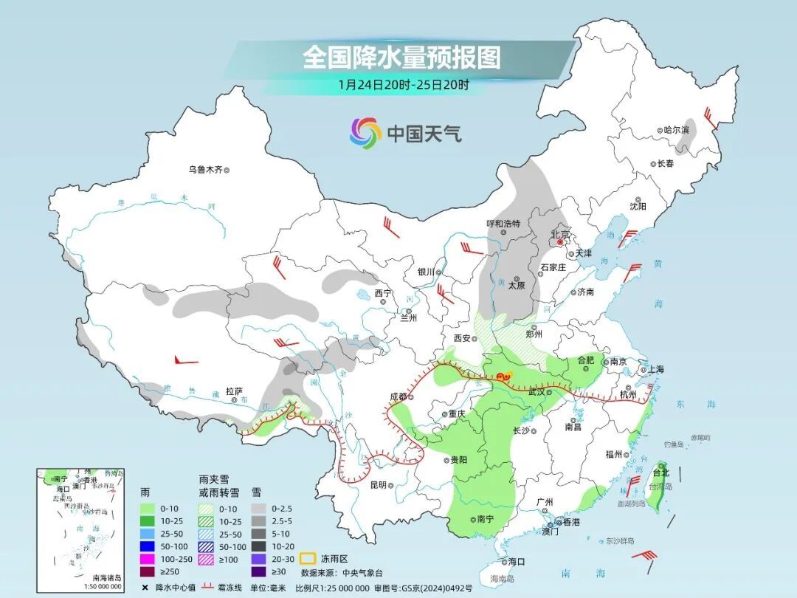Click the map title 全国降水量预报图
pos(401,58)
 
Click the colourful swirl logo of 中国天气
pos(365,133)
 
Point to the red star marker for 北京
pos(561,241)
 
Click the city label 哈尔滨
pos(675,130)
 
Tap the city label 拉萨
pos(234,391)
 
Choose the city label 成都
pos(398,396)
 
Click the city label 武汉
pos(536,392)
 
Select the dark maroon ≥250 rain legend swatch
pos(147,571)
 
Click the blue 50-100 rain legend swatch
pos(147,546)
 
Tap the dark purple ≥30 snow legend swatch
pos(258,571)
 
